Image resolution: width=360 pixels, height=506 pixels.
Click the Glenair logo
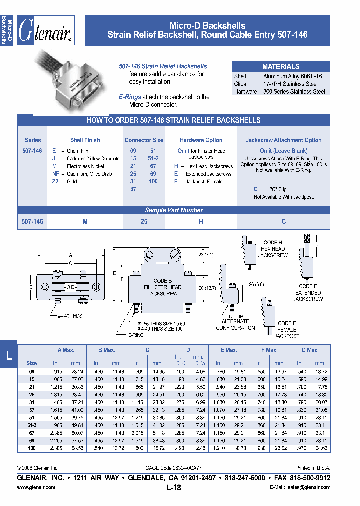[47, 31]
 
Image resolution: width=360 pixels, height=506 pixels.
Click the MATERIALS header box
[281, 66]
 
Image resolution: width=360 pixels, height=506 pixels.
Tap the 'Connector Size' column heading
[144, 140]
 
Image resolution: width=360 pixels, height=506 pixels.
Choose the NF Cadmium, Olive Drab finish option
[82, 174]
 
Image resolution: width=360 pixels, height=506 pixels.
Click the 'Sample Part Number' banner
[174, 210]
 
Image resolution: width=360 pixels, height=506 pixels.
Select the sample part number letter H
[200, 221]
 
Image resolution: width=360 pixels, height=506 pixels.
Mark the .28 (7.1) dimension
[206, 255]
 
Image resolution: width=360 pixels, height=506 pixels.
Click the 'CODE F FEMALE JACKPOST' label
[287, 329]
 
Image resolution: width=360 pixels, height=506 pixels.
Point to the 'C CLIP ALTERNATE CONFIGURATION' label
[235, 322]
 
